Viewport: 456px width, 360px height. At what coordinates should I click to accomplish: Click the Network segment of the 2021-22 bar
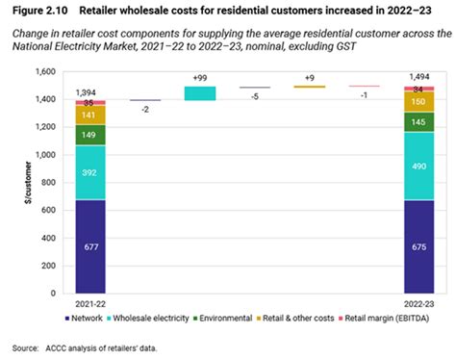[91, 244]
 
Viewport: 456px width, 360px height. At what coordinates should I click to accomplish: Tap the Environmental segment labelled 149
[91, 136]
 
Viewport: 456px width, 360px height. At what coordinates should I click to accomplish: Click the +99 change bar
[200, 93]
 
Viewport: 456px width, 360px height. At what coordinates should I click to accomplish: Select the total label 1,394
[91, 91]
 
